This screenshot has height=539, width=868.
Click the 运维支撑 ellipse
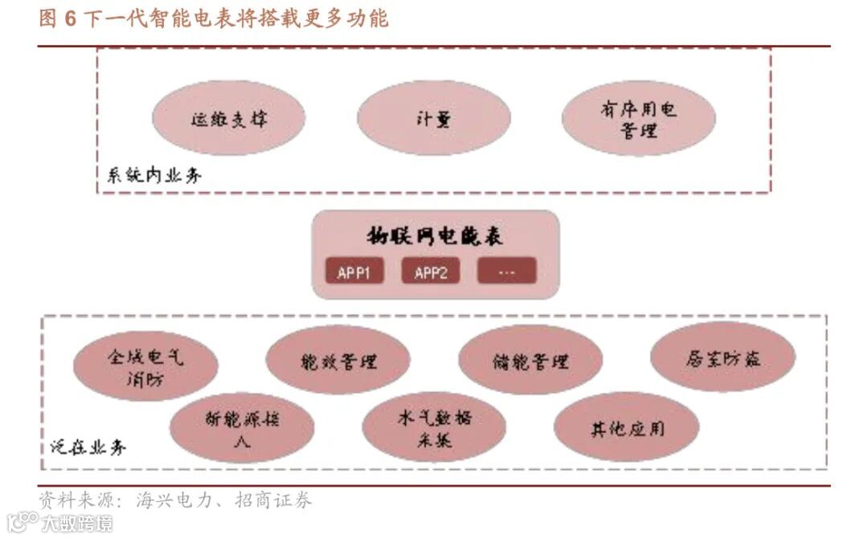pos(229,118)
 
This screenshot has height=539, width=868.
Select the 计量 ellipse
pos(434,118)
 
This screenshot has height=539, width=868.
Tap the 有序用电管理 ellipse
pos(639,118)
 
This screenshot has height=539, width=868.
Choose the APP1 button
pos(354,272)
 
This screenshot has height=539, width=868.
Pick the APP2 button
pos(431,272)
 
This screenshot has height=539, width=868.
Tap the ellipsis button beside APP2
pos(506,272)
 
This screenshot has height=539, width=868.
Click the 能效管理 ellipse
pos(338,361)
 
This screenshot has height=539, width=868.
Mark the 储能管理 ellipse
pos(530,361)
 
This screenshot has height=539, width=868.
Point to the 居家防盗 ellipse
pos(722,357)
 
